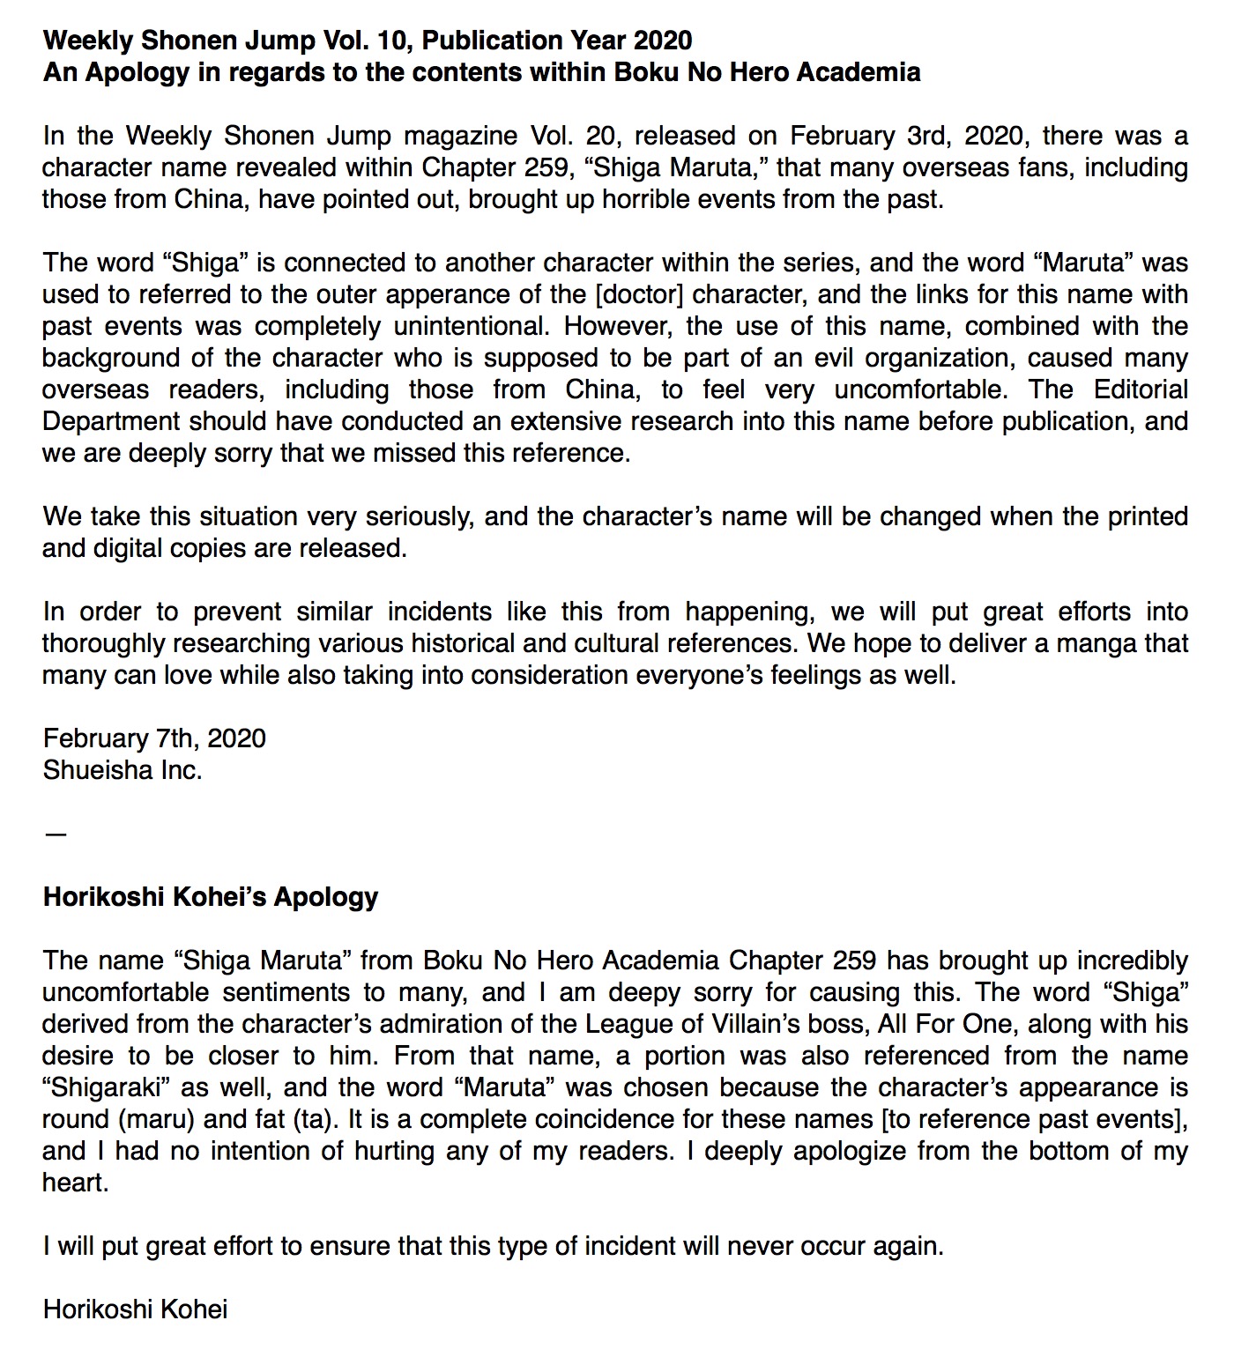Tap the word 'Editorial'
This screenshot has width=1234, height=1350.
pos(1141,389)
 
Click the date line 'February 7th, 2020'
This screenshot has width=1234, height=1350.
pos(154,738)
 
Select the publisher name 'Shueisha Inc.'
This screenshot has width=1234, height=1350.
pos(123,770)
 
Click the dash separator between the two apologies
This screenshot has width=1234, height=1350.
pos(55,834)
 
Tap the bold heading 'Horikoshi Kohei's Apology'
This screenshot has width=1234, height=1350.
pos(211,897)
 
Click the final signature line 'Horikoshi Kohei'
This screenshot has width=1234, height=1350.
pos(135,1309)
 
